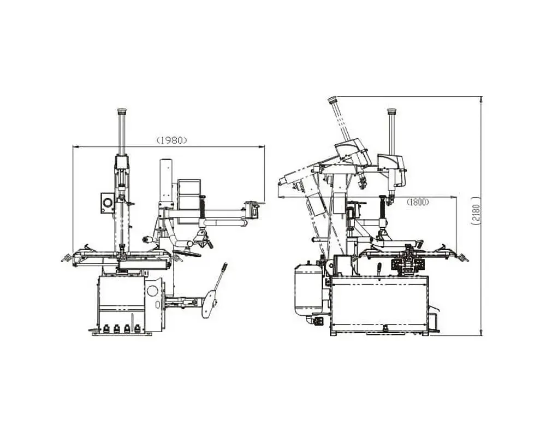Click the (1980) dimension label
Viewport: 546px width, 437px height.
pos(171,140)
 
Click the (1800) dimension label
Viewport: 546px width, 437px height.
pos(418,202)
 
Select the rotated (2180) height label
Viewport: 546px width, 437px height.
pos(476,211)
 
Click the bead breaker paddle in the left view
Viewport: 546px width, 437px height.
pos(209,304)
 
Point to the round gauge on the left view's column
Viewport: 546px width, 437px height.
pos(108,202)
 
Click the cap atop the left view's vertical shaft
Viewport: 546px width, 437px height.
pos(122,112)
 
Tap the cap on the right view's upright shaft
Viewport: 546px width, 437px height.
pos(392,111)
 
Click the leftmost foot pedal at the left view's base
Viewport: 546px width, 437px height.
pos(106,328)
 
